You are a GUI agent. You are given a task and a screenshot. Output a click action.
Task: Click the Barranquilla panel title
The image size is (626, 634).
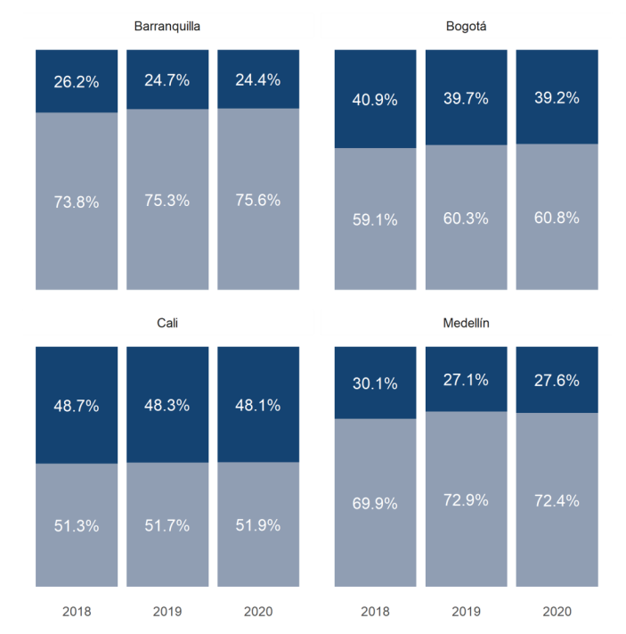[x=167, y=26]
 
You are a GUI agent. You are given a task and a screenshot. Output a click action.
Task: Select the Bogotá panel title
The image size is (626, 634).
[x=466, y=26]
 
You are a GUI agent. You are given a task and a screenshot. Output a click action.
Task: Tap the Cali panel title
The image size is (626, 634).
[x=167, y=323]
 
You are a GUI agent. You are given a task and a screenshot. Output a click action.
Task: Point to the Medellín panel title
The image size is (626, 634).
[x=466, y=323]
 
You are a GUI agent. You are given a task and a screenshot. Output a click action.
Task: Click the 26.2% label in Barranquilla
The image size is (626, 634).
[x=77, y=82]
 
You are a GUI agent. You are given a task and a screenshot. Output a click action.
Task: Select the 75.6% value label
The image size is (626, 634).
[x=258, y=200]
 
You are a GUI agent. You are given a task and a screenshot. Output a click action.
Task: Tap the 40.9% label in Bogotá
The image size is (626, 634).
[x=375, y=100]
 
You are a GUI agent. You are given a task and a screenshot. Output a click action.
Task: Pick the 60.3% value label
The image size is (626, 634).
[x=466, y=218]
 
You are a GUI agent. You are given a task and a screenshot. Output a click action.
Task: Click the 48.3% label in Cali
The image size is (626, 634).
[x=167, y=405]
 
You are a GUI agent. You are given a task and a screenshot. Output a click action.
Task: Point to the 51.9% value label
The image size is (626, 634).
[x=258, y=525]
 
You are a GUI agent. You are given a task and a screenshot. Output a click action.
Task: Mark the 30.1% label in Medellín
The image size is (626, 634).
[x=375, y=383]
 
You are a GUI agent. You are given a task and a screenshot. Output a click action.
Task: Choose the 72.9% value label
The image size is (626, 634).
[x=466, y=500]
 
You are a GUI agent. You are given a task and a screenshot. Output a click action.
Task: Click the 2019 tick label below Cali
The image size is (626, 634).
[x=167, y=612]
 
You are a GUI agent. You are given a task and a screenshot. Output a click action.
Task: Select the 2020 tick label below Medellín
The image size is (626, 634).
[x=557, y=612]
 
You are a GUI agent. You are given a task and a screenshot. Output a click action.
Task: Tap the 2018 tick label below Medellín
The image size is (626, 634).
[x=375, y=612]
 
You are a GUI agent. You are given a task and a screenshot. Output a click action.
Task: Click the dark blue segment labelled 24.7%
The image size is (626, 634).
[x=167, y=79]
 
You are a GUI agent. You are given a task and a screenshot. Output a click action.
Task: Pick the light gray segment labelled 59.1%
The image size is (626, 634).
[x=375, y=218]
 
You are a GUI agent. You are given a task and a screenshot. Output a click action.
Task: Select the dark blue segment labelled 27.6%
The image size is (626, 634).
[x=557, y=380]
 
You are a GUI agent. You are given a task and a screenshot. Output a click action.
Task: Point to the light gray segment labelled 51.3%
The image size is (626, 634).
[x=77, y=525]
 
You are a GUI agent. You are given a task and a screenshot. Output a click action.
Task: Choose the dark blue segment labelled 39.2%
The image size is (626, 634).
[x=557, y=97]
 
